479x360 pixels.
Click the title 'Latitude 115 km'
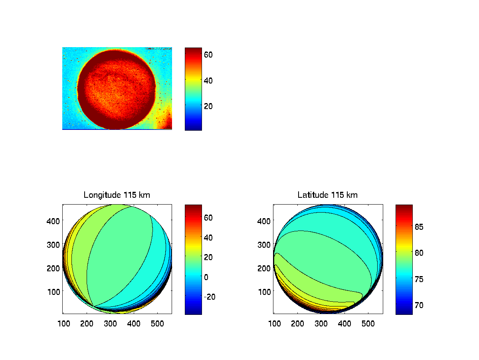point(327,195)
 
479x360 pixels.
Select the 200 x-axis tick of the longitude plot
point(86,323)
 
